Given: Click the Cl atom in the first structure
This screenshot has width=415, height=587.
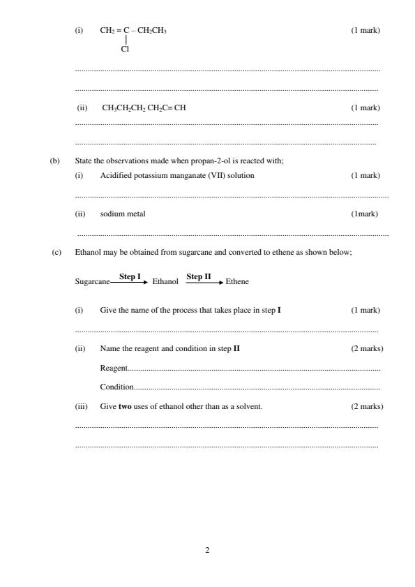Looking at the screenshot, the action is click(x=125, y=49).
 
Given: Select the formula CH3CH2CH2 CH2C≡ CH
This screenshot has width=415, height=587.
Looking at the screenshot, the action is click(x=144, y=108).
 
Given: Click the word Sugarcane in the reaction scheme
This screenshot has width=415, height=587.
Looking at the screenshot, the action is click(x=92, y=282).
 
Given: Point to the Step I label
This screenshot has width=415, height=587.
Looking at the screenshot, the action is click(x=130, y=276).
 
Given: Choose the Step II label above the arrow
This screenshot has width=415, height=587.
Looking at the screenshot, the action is click(x=198, y=276).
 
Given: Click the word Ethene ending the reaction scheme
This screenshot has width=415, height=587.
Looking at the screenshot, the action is click(x=237, y=282).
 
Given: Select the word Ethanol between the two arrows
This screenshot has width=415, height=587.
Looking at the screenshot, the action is click(x=165, y=282).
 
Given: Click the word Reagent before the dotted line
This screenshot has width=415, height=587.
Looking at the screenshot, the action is click(x=114, y=368).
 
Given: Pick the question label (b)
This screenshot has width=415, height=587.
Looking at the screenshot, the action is click(x=55, y=161).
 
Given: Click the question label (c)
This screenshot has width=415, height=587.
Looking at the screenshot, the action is click(x=56, y=252).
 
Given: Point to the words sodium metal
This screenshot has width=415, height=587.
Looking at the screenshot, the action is click(x=123, y=214).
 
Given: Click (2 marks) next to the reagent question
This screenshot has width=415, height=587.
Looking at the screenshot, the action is click(x=367, y=348).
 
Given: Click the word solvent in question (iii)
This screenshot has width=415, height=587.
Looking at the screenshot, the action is click(x=248, y=406).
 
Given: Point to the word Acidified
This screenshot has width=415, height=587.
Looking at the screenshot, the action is click(x=116, y=175).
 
